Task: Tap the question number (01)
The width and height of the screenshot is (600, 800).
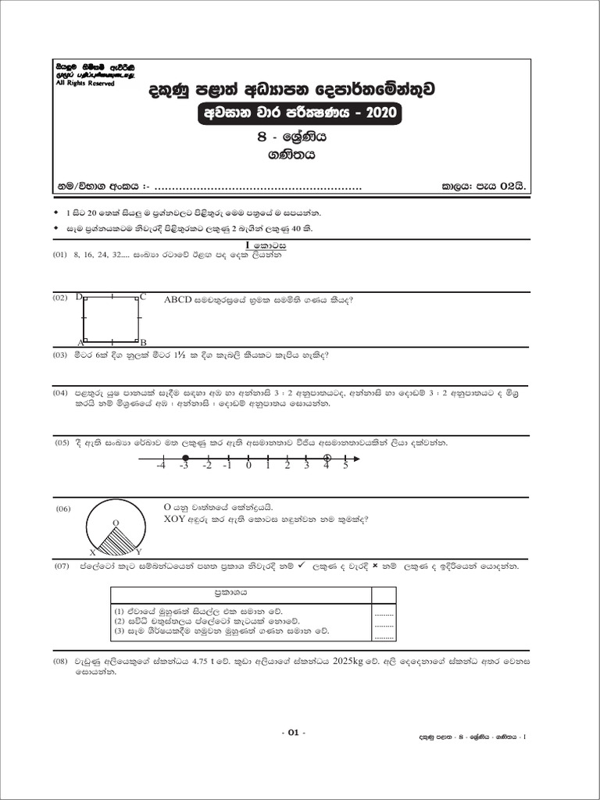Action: pos(60,255)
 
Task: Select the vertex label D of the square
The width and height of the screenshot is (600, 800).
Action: pos(80,297)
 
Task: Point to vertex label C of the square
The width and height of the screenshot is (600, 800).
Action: pos(143,297)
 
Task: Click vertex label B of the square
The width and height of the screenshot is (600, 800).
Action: pos(143,342)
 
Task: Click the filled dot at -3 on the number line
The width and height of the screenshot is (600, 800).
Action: pos(184,458)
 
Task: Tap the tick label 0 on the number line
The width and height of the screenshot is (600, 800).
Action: pos(248,466)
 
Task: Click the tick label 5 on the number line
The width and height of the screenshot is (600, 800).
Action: pos(345,466)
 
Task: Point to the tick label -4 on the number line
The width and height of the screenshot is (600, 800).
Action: pos(160,466)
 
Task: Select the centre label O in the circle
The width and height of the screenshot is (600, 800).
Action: pos(116,522)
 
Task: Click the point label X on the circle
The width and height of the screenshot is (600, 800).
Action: pos(93,552)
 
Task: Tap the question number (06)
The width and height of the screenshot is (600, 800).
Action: pos(63,509)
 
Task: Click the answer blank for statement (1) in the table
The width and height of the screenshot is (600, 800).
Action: pos(384,612)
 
